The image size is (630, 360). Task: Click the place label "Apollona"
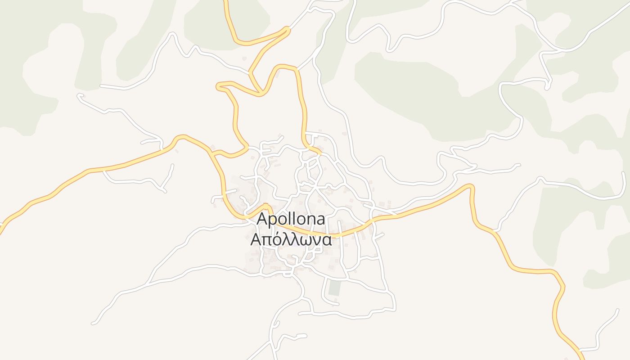click(x=291, y=220)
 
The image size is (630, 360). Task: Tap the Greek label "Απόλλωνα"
click(x=291, y=239)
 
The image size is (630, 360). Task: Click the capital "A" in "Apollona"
click(x=262, y=219)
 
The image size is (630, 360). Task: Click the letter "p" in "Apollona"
click(x=273, y=221)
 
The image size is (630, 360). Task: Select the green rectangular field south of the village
click(x=334, y=288)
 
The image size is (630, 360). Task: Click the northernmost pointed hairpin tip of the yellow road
click(x=287, y=29)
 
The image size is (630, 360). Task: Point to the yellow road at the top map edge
click(x=225, y=1)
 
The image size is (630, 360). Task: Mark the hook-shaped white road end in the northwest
click(x=80, y=95)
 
